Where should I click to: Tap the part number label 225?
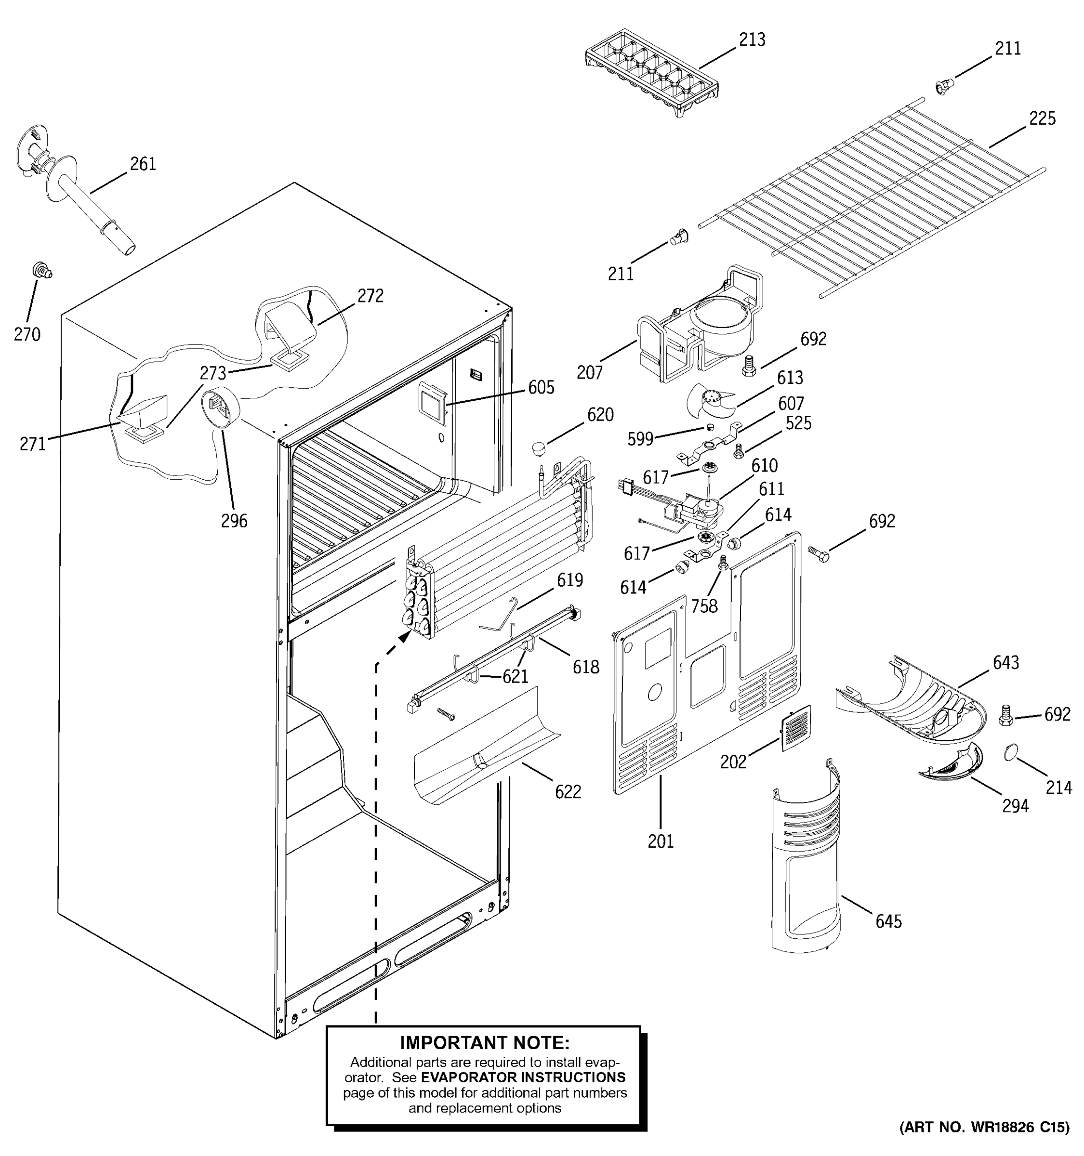1042,118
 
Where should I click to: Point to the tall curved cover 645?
806,861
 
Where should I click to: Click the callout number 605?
541,387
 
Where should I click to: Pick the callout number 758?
704,606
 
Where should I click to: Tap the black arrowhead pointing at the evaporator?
404,638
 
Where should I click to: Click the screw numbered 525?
739,450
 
